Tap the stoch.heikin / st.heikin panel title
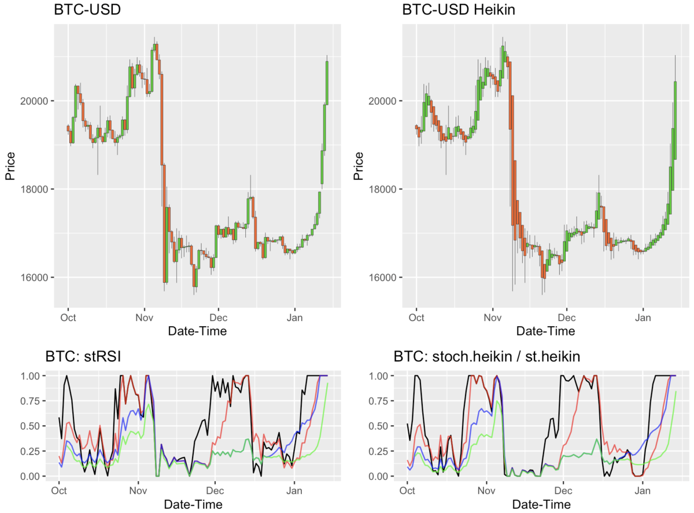click(x=487, y=356)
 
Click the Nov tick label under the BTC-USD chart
click(x=144, y=318)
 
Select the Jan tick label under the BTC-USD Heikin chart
click(x=643, y=318)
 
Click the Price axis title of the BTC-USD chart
click(x=10, y=165)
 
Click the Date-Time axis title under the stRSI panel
click(x=193, y=504)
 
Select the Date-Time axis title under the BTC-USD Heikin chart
click(x=545, y=331)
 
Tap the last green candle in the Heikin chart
click(x=675, y=120)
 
